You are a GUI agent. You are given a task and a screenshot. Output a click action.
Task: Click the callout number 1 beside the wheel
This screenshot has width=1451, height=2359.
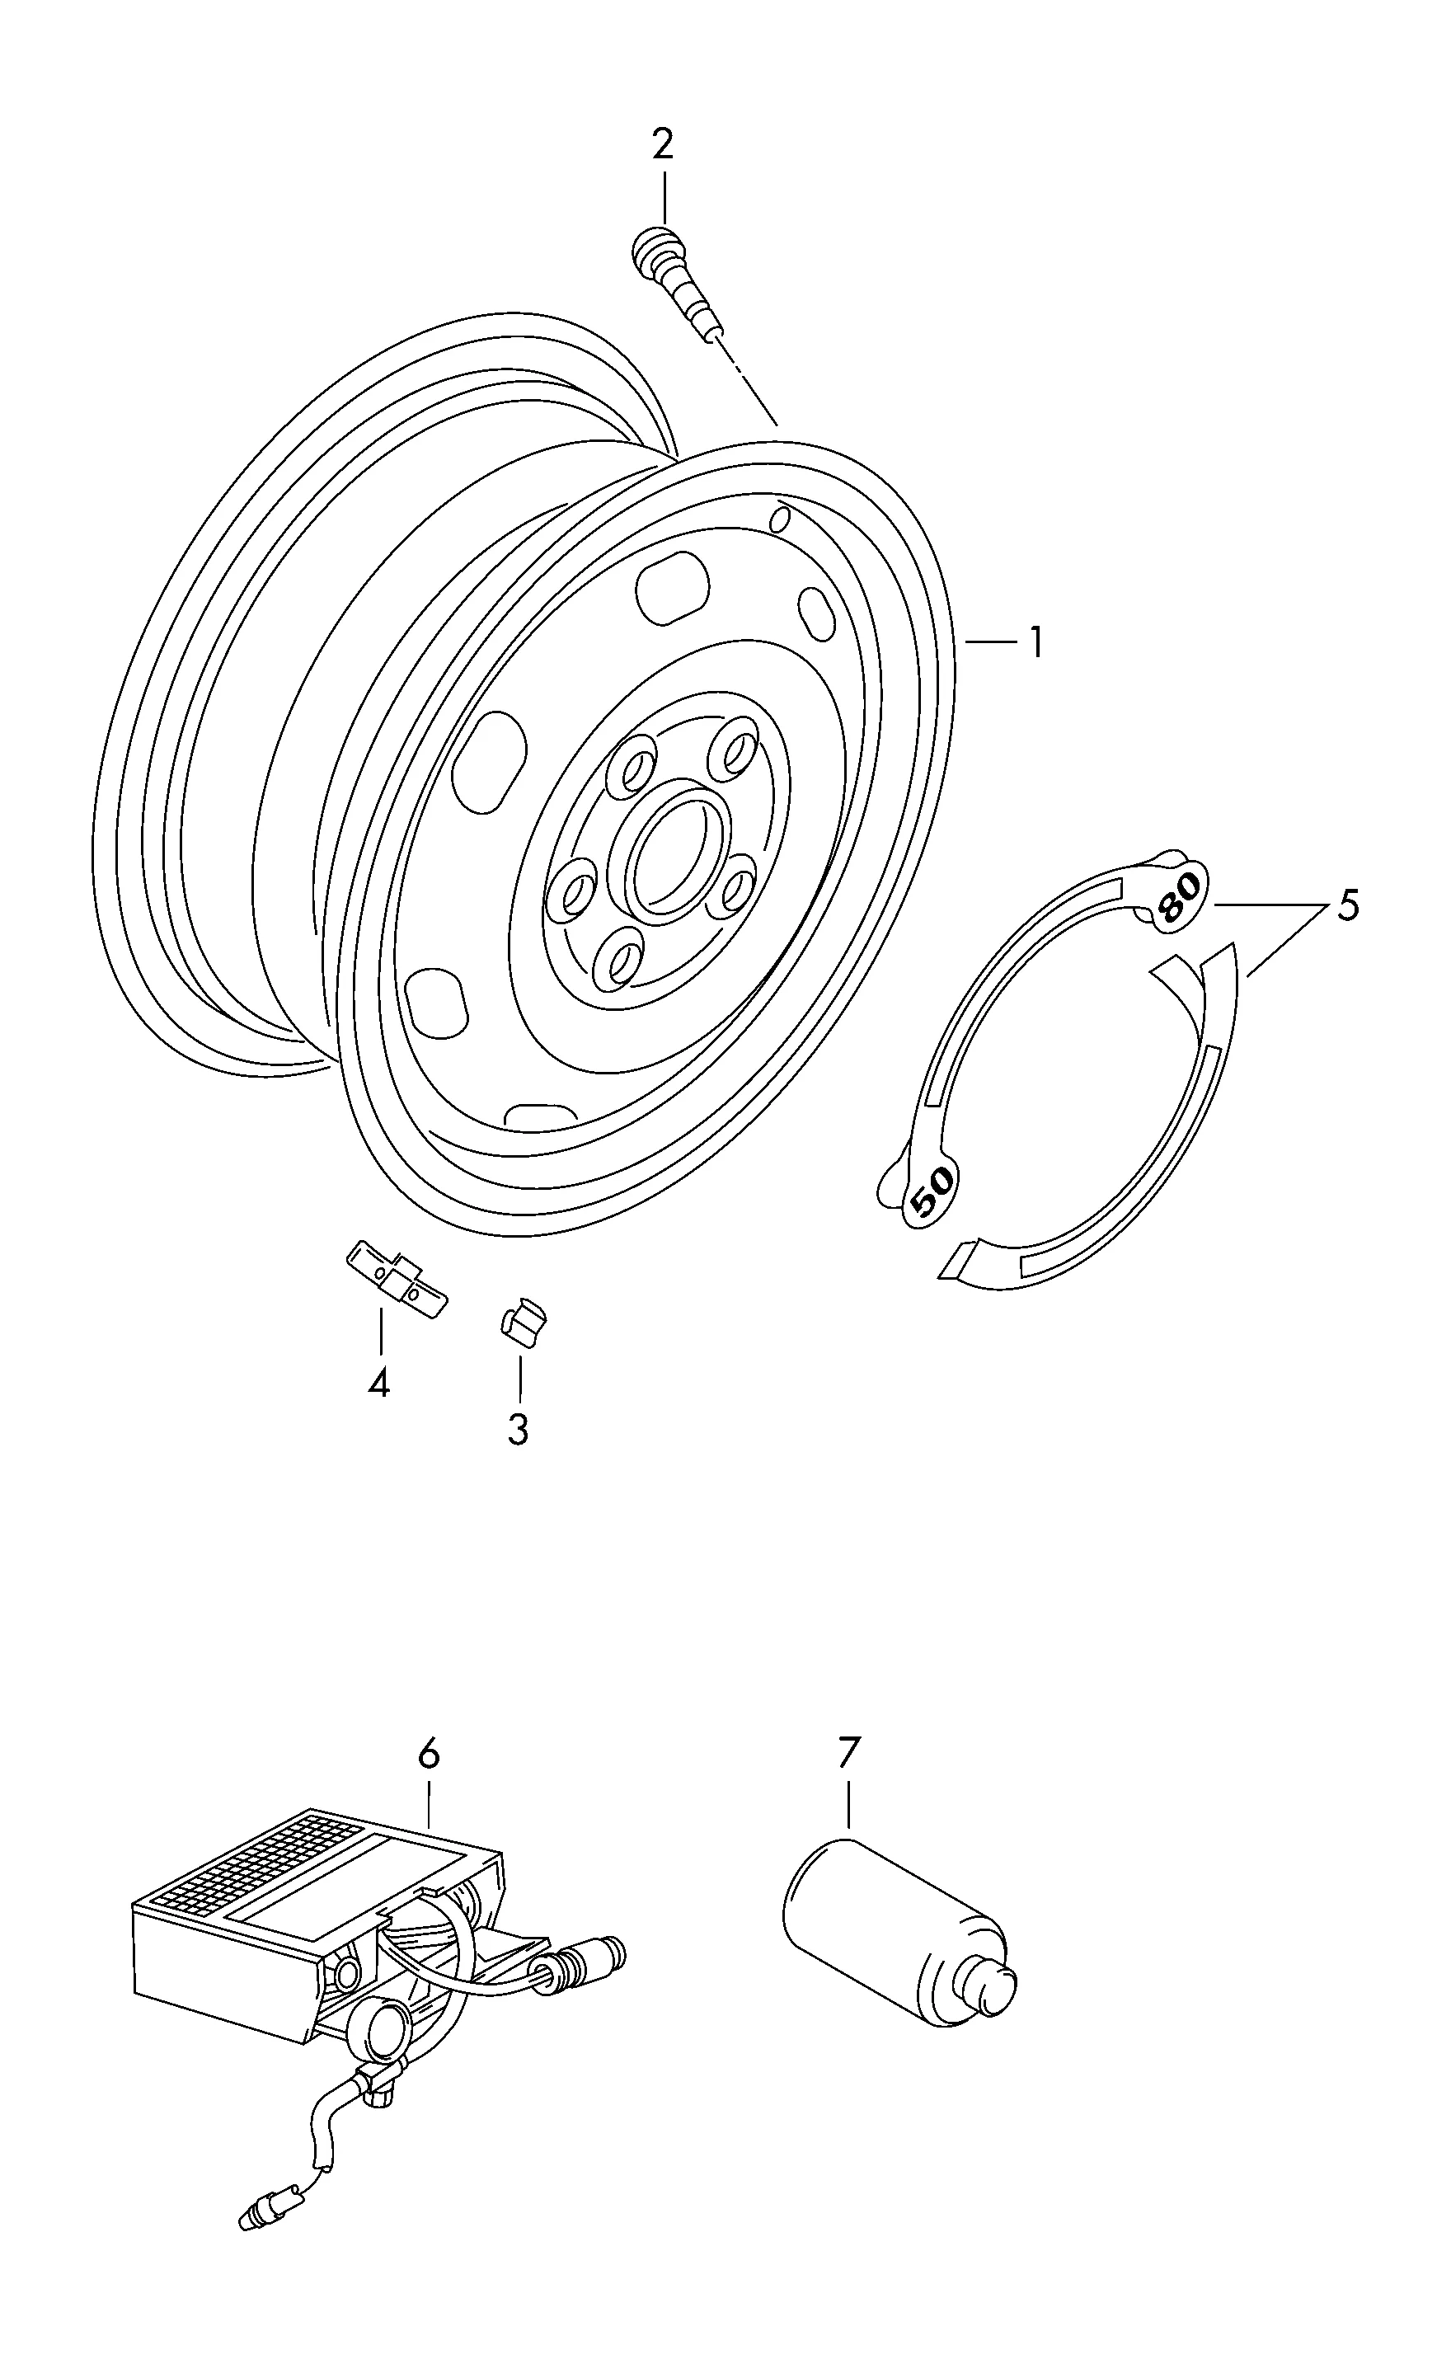click(1035, 642)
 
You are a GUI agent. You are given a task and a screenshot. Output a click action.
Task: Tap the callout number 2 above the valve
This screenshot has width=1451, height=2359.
click(662, 144)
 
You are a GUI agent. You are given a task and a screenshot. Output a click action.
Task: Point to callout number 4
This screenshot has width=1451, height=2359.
click(379, 1383)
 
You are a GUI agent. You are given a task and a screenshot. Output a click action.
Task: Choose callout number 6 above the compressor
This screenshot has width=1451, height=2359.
click(429, 1754)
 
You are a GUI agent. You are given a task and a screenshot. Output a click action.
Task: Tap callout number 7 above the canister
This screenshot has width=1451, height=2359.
click(848, 1752)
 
